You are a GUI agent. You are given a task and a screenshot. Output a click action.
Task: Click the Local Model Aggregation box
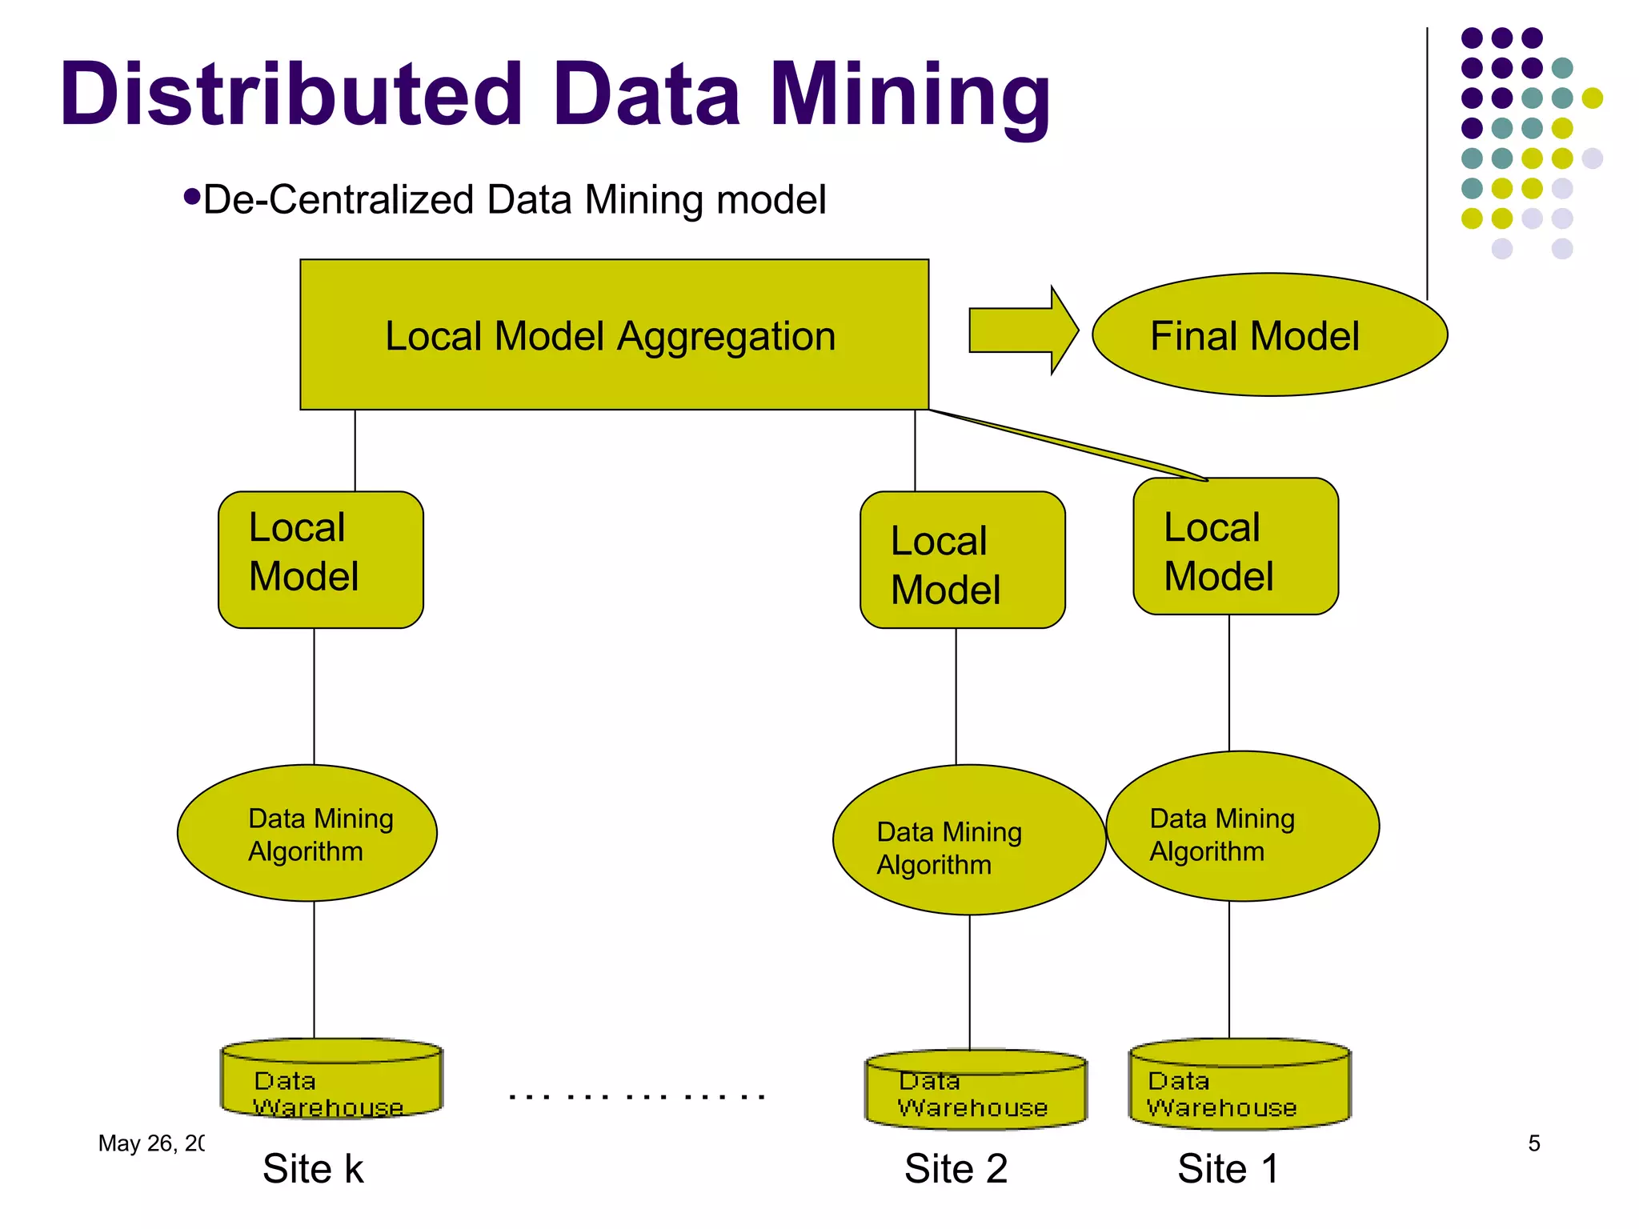click(614, 334)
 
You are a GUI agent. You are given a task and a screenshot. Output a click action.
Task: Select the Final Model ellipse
click(1269, 334)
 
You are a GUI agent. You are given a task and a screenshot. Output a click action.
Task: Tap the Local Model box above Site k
click(320, 559)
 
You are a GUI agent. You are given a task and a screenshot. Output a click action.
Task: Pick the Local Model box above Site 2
click(962, 559)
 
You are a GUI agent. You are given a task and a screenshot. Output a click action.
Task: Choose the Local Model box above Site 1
click(1236, 546)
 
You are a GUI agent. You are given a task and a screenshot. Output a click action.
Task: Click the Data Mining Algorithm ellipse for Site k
click(307, 833)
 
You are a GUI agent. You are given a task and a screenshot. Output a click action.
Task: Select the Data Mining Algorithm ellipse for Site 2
click(968, 840)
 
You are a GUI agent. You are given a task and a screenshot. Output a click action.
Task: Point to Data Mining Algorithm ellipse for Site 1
click(1242, 827)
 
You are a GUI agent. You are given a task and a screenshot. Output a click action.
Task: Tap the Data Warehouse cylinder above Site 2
click(976, 1091)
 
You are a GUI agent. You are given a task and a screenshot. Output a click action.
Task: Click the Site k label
click(313, 1169)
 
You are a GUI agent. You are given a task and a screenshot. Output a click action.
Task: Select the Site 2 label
click(956, 1169)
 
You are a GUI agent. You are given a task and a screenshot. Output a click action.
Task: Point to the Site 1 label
click(1228, 1169)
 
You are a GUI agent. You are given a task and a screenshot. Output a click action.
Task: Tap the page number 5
click(1533, 1143)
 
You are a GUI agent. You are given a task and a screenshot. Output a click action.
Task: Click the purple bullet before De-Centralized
click(191, 197)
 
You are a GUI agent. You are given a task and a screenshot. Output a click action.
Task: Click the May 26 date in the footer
click(150, 1143)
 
